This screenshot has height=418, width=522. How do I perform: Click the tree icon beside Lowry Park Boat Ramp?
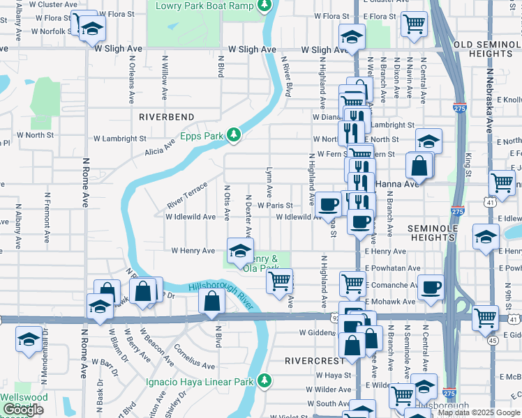[263, 6]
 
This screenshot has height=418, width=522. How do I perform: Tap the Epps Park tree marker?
[236, 135]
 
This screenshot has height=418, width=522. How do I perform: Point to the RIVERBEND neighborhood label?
[165, 117]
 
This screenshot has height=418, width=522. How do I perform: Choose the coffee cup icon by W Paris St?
[327, 203]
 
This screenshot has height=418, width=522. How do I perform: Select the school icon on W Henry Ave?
[239, 250]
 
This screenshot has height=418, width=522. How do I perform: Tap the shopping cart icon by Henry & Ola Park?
[280, 281]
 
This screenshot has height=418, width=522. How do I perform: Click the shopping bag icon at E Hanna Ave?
[419, 167]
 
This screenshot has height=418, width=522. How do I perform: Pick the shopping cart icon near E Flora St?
[414, 23]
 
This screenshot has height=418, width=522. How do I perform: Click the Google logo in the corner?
[23, 410]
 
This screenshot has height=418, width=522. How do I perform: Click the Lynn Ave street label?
[269, 181]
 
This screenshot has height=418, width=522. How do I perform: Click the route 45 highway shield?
[493, 341]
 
